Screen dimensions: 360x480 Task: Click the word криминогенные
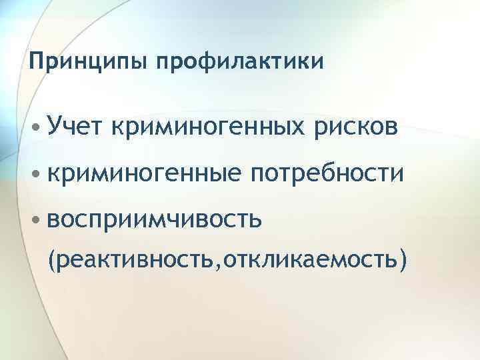click(143, 173)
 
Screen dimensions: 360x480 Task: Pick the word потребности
click(327, 173)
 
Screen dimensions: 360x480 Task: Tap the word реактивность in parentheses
click(137, 257)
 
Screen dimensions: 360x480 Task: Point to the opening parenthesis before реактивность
click(53, 258)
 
